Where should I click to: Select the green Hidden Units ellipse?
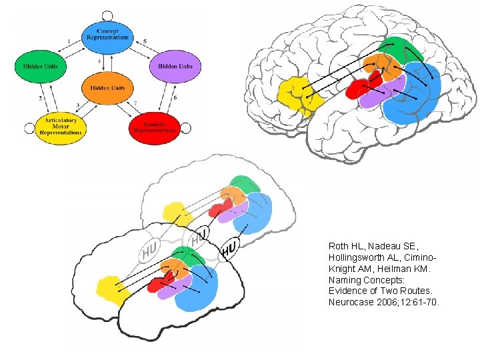40,66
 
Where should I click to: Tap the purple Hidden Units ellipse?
175,66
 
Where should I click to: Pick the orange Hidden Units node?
107,88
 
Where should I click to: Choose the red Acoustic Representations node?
154,127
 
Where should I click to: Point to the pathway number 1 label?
69,41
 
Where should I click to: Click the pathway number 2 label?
40,98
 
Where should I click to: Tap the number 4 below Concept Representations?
99,61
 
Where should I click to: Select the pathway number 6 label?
175,97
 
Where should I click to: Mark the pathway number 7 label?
135,103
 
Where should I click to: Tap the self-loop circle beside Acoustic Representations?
187,127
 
